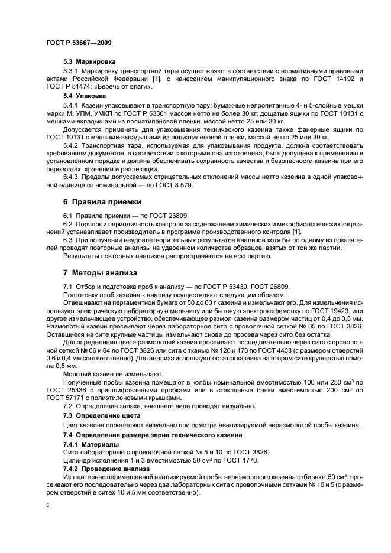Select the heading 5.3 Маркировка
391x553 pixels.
pyautogui.click(x=89, y=62)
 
